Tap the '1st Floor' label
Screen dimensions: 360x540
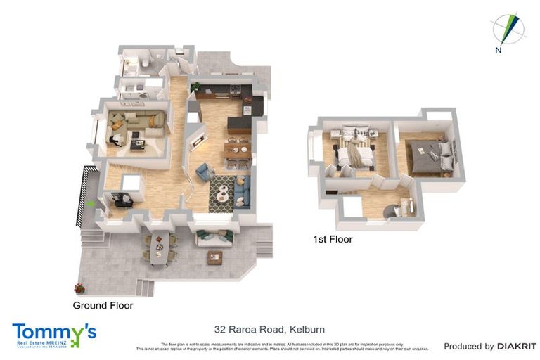[333, 240]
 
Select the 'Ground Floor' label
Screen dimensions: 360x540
[103, 306]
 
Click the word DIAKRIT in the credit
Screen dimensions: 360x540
[517, 346]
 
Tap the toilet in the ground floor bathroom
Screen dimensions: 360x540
[143, 63]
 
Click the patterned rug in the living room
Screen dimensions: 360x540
[223, 191]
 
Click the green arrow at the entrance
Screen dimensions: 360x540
[91, 203]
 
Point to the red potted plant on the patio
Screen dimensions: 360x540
[79, 288]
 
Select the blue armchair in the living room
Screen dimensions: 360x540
[205, 171]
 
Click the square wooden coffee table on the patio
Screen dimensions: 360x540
[214, 257]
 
